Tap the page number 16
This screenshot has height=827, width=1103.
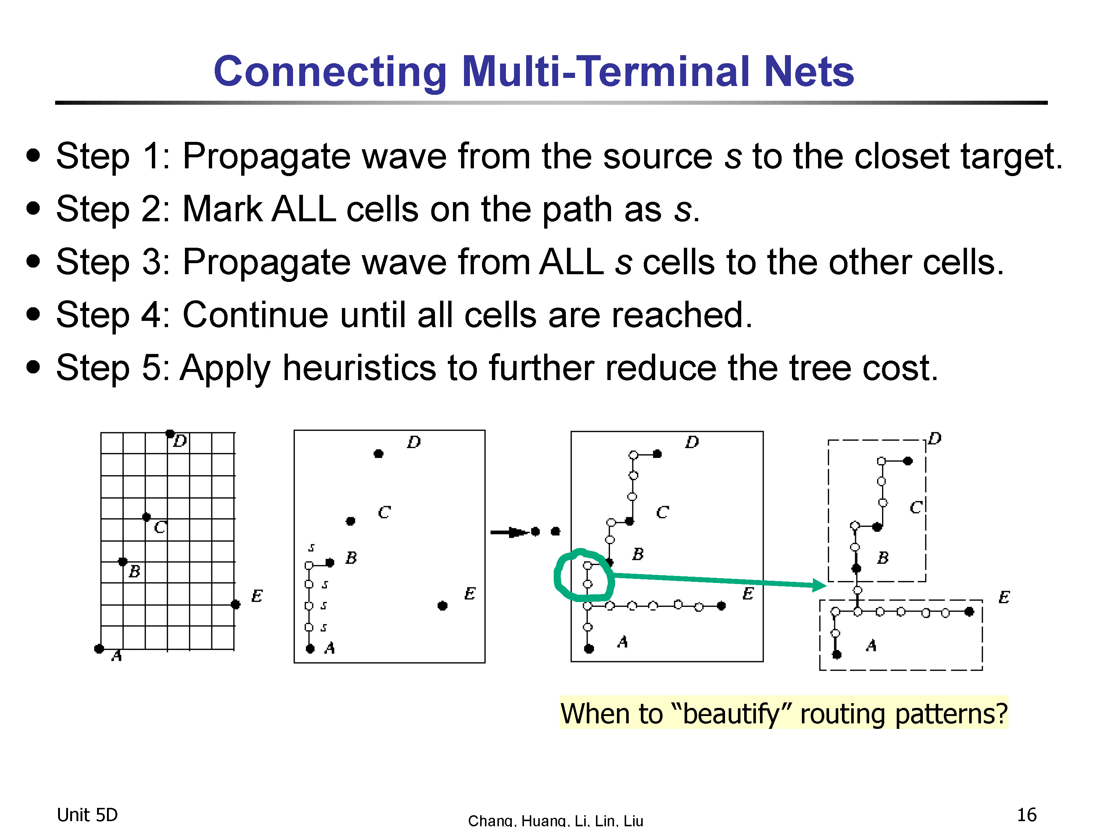click(1027, 815)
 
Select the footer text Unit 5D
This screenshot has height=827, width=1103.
click(87, 815)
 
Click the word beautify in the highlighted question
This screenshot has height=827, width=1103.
click(732, 714)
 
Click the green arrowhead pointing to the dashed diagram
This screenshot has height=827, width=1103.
click(819, 585)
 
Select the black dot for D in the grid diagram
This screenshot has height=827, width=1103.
click(170, 433)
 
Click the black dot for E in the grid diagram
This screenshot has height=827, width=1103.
click(236, 605)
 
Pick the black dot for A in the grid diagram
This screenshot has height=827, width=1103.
click(99, 648)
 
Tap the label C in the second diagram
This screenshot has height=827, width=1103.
click(384, 512)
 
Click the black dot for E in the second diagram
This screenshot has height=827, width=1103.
click(442, 606)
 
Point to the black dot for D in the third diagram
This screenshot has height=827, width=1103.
click(657, 454)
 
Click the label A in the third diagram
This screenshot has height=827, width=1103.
click(622, 642)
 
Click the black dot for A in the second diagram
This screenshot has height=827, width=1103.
click(310, 648)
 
